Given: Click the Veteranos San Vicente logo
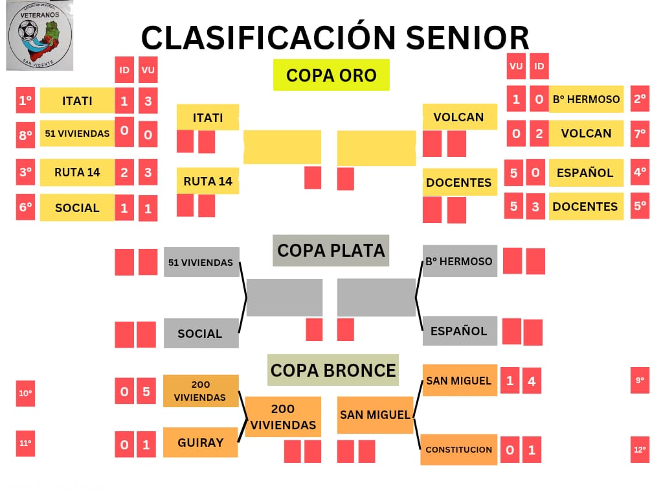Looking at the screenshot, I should click(x=39, y=36).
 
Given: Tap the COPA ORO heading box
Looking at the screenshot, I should click(x=331, y=75).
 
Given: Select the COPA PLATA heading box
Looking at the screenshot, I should click(x=331, y=250).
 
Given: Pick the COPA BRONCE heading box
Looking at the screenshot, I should click(x=333, y=370).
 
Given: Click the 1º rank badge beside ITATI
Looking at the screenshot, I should click(x=25, y=101).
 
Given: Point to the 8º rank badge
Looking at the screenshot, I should click(x=25, y=136).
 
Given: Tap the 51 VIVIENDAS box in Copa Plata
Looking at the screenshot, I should click(x=201, y=263).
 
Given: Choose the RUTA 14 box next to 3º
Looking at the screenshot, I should click(x=77, y=172).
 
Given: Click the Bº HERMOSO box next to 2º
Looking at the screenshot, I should click(x=586, y=99).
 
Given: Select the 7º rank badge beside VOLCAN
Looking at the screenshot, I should click(x=640, y=134).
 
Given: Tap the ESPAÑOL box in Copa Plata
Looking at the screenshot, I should click(x=459, y=331).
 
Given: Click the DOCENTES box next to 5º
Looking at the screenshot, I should click(x=585, y=206).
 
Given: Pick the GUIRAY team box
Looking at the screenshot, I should click(x=201, y=443).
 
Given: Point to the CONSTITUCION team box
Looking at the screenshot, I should click(x=458, y=449).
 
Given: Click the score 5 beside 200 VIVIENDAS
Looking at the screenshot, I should click(x=146, y=392).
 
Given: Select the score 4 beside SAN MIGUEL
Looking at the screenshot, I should click(x=532, y=381).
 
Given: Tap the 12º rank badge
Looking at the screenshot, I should click(x=640, y=449).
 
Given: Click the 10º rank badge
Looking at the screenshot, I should click(x=25, y=393).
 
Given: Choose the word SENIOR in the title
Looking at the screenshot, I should click(x=467, y=38).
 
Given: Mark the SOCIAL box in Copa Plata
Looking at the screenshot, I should click(x=200, y=333).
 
